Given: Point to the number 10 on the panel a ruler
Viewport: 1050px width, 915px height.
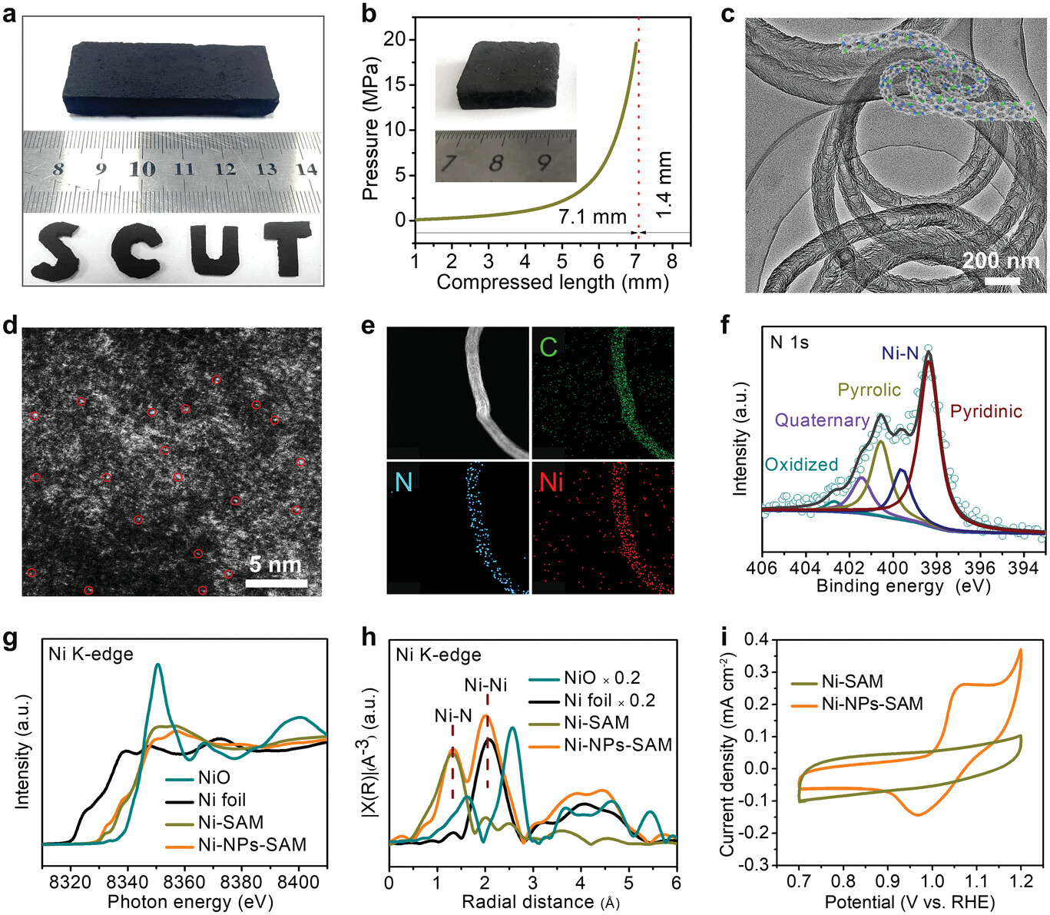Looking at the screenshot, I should point(142,169).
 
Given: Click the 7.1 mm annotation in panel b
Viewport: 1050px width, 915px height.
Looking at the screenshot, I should point(592,217).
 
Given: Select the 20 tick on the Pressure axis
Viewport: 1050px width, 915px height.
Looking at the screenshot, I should point(394,39).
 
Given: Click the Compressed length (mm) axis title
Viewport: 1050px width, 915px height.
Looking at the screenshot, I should point(553,283).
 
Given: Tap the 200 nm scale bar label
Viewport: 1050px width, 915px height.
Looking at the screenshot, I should point(1001,261).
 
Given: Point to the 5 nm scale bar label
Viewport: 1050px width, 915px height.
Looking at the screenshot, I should point(275,565).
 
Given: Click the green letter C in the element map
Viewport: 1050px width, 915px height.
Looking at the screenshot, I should point(548,347).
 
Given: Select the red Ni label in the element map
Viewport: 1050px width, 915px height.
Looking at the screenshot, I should point(551,482).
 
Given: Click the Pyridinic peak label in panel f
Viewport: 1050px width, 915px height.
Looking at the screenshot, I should point(986,412).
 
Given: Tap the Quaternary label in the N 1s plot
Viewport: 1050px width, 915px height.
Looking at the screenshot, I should point(821,420).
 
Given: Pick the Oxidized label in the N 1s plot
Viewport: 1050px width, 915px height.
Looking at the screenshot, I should point(801,465).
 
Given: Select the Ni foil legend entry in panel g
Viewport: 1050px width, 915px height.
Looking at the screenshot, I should point(222,801).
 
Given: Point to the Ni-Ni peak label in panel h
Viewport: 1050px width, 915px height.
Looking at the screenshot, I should point(485,685).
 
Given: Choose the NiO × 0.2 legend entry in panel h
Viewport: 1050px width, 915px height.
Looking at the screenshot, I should point(601,678).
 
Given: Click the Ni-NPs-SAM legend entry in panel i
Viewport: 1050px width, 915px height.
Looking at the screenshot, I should point(872,703).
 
